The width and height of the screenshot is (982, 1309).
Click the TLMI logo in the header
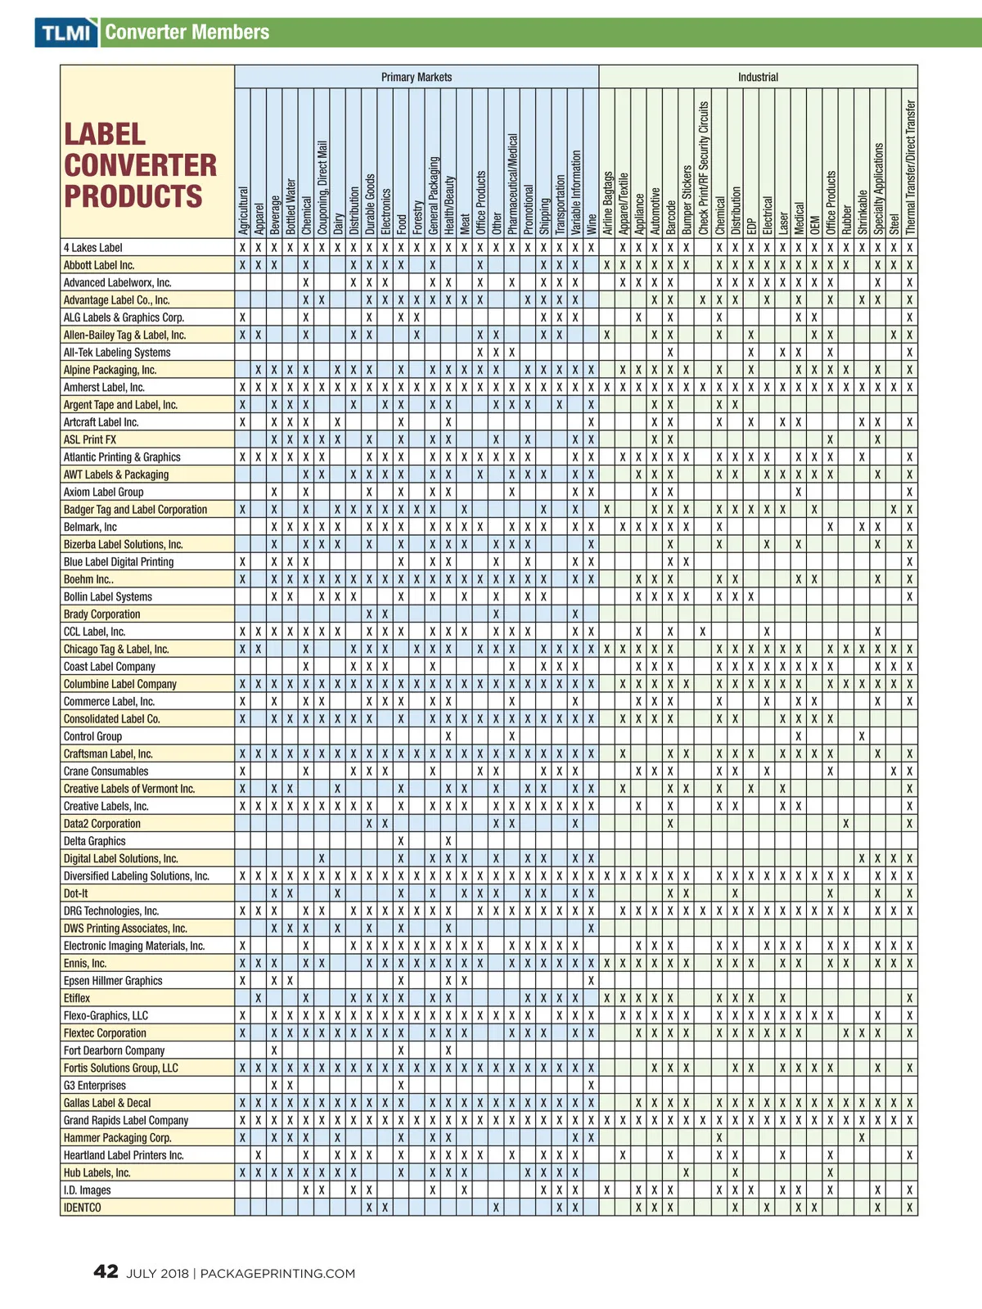click(65, 33)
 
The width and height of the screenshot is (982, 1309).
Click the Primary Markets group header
click(416, 77)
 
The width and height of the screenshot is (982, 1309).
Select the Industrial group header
click(758, 77)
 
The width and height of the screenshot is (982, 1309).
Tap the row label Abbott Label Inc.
click(99, 265)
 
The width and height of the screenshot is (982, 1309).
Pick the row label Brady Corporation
click(101, 614)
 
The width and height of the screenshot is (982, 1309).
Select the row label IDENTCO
click(83, 1208)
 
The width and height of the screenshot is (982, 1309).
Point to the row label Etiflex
click(77, 998)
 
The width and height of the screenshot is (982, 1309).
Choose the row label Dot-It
click(76, 893)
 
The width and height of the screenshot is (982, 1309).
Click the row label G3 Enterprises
click(95, 1086)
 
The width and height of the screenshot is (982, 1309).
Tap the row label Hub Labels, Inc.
click(97, 1172)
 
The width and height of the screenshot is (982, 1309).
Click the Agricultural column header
click(243, 210)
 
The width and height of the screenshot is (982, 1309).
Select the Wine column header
click(592, 224)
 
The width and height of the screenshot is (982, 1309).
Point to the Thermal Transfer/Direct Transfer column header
click(910, 168)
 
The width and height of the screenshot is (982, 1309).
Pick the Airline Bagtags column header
click(607, 203)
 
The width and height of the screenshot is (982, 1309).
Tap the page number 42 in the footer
click(106, 1271)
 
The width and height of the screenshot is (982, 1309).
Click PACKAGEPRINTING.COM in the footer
click(277, 1274)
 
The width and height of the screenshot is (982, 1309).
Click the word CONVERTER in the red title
click(141, 165)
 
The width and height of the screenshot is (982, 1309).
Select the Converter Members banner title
click(187, 33)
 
